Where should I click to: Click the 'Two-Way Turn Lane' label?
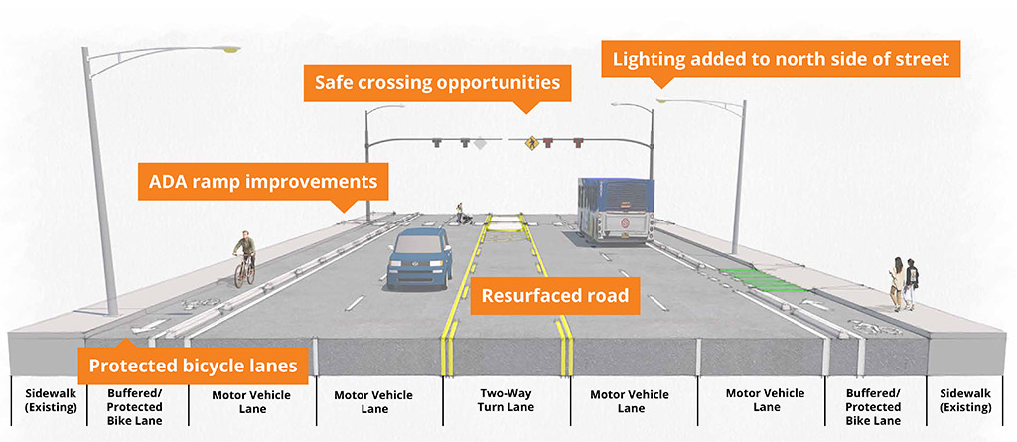pos(507,400)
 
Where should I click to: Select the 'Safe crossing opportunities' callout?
pos(437,82)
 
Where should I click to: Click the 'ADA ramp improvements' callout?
pos(262,182)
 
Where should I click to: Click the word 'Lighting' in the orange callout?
pos(650,59)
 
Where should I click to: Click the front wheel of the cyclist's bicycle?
pos(238,274)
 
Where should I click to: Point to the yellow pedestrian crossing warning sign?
pos(532,143)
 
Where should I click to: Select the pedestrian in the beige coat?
pos(897,283)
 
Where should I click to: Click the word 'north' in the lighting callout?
pos(770,59)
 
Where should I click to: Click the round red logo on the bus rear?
pos(620,221)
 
